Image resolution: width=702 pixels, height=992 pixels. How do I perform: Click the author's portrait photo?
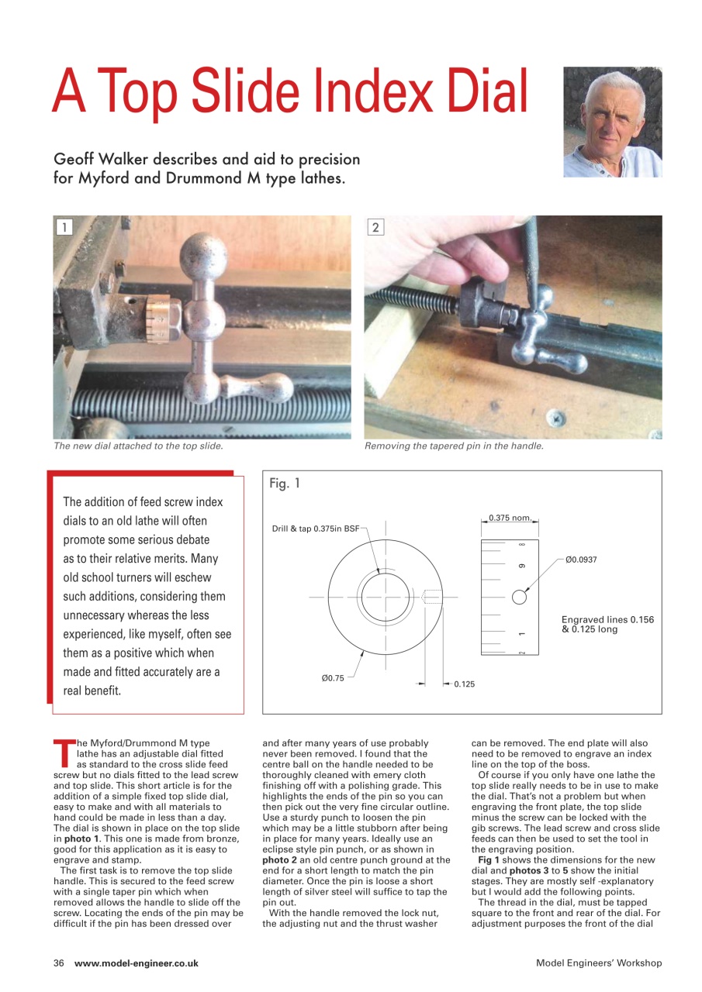(x=612, y=122)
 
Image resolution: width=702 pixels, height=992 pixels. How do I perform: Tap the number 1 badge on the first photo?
(x=64, y=227)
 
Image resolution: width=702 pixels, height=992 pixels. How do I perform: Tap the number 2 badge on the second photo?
(x=376, y=227)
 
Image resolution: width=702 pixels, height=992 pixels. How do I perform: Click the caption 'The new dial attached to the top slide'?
(x=138, y=446)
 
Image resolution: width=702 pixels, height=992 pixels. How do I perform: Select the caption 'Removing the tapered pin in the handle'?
(x=454, y=446)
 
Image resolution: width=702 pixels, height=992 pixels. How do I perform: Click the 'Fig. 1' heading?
(x=285, y=484)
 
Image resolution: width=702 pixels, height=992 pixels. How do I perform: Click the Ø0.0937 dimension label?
(x=582, y=559)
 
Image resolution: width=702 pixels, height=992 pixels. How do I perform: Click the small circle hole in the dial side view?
(x=520, y=597)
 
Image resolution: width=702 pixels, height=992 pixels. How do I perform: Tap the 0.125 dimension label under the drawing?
(x=464, y=684)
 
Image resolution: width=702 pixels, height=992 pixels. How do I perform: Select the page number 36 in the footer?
(x=58, y=963)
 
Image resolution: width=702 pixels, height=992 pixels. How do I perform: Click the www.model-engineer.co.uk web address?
(x=137, y=963)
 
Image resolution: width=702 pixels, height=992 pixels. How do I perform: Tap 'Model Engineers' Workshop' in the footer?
(x=598, y=963)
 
